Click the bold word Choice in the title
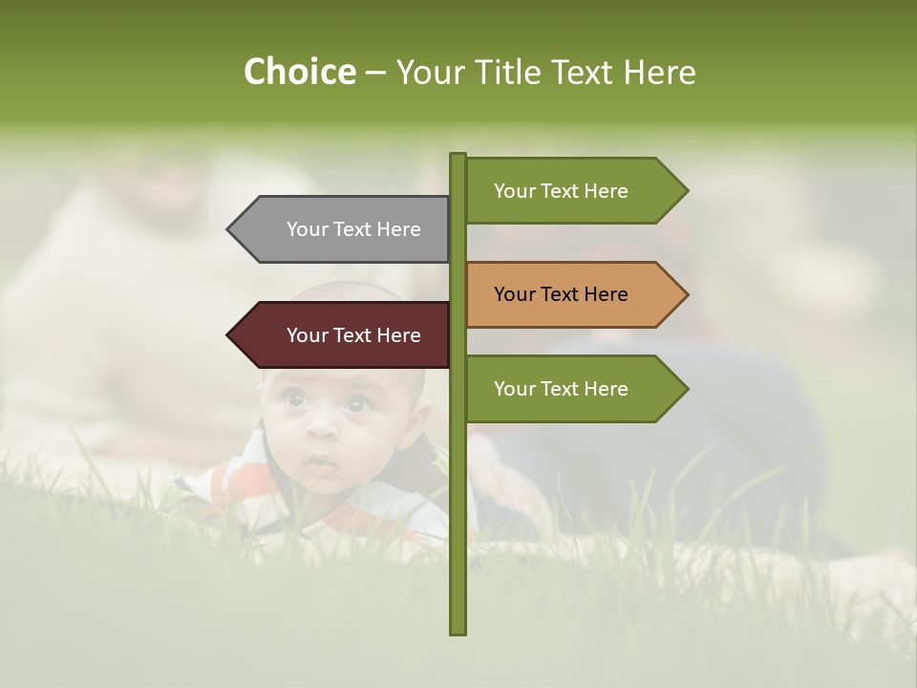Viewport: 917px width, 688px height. tap(299, 72)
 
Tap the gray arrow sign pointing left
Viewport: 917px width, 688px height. tap(344, 229)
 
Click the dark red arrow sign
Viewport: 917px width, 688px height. tap(344, 335)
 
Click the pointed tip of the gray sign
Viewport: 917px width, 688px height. tap(230, 229)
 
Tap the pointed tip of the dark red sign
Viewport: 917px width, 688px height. tap(230, 335)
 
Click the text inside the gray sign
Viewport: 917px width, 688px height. tap(353, 229)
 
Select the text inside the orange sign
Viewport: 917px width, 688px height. tap(561, 294)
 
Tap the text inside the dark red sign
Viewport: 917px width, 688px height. tap(353, 335)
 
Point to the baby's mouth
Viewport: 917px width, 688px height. tap(322, 467)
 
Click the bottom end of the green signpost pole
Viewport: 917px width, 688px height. tap(458, 631)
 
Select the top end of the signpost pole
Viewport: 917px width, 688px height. tap(458, 156)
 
